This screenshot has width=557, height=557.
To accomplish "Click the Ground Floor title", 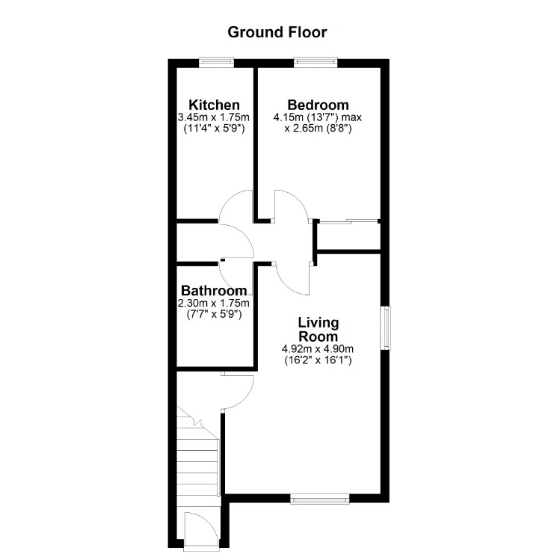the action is coord(277,32).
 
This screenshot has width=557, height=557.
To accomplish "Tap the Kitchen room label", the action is coord(215,105).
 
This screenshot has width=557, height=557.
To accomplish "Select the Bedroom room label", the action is coord(318,105).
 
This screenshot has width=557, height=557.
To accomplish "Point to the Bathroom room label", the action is coord(214,291).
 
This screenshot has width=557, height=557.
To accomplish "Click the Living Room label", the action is coord(318,329).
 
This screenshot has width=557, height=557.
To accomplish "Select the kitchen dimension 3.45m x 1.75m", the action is coord(214,117).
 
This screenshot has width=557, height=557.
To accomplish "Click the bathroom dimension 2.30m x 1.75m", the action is coord(214,303).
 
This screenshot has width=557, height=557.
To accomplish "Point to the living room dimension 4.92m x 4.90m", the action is coord(318,349).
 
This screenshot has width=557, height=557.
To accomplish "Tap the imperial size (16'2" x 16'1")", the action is coord(318,360).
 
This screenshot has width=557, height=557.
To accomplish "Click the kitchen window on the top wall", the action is coord(216,63).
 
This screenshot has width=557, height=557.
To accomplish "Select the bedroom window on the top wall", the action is coord(316,63).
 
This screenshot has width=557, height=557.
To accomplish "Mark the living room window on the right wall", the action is coord(386,328).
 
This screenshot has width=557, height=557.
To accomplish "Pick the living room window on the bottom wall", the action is coord(320,499).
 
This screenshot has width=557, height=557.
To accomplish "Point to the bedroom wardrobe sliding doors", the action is coord(348,222).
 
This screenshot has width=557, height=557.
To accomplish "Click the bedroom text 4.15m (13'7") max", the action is coord(318,117).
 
